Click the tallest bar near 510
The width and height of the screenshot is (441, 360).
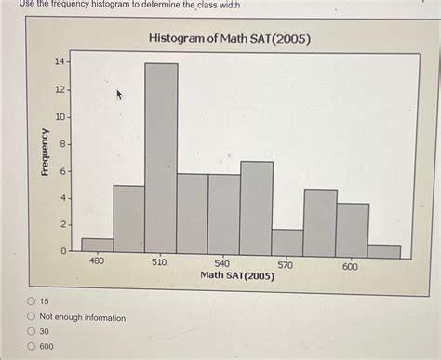coord(161,158)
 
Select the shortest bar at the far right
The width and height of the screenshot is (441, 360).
coord(383,251)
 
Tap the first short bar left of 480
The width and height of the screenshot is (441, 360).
coord(97,246)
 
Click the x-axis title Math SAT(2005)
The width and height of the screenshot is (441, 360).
coord(237,275)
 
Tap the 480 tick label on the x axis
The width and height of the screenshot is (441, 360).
coord(97,263)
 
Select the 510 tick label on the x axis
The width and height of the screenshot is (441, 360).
coord(160,263)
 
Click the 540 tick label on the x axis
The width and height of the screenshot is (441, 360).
coord(223,263)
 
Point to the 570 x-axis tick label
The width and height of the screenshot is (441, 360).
coord(287,263)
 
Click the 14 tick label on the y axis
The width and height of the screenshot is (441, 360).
coord(60,61)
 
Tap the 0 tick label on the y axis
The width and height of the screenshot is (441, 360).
coord(62,252)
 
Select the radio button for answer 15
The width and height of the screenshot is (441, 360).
coord(32,302)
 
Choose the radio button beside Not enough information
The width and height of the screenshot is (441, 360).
coord(32,317)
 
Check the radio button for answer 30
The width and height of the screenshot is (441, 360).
coord(32,332)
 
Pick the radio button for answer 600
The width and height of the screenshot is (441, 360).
coord(32,346)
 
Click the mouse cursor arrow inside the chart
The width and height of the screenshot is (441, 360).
coord(119,94)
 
